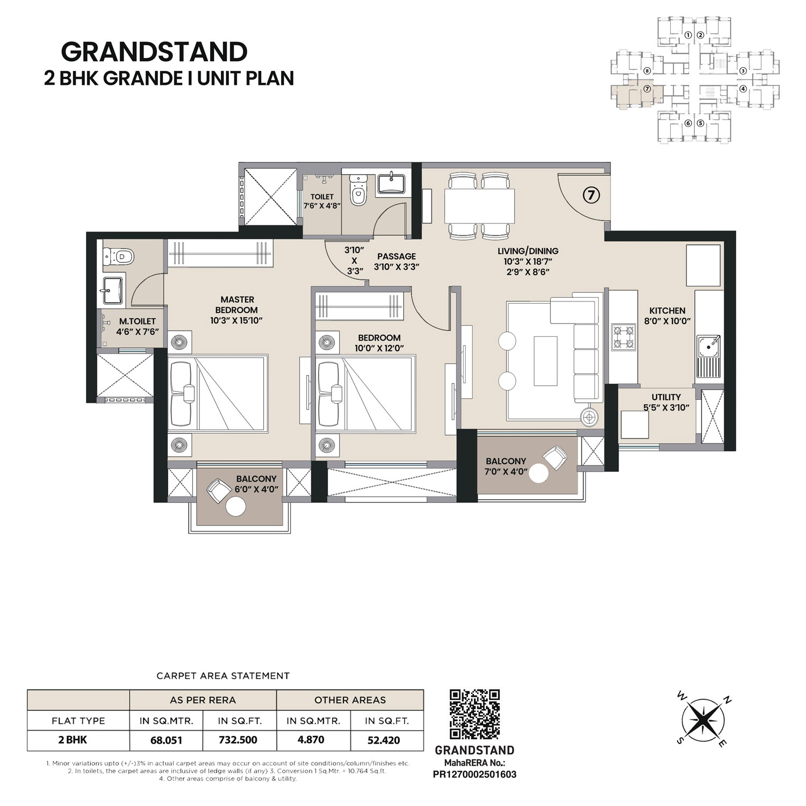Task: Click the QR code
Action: click(x=474, y=715)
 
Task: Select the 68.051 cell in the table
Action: click(x=166, y=740)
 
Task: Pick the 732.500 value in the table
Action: click(x=238, y=740)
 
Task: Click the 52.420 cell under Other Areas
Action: click(x=384, y=740)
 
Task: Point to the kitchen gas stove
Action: click(x=623, y=337)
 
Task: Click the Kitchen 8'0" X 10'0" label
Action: click(x=667, y=316)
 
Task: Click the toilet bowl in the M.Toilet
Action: click(x=119, y=256)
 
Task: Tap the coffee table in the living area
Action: click(x=545, y=360)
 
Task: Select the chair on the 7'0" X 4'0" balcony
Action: click(x=555, y=457)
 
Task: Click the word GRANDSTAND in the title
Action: click(x=154, y=52)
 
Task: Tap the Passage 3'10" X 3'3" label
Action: click(x=397, y=261)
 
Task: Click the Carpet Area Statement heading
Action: click(x=223, y=675)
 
